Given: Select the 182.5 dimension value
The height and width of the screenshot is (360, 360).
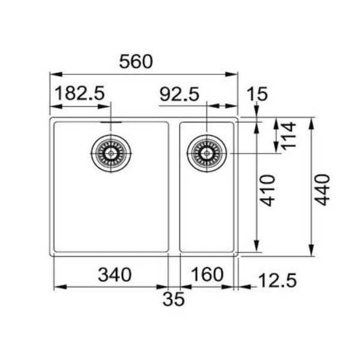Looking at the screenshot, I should [80, 94].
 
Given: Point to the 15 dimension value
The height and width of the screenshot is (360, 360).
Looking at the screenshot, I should [256, 94].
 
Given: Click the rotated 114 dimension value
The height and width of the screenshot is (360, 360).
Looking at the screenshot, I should [290, 136].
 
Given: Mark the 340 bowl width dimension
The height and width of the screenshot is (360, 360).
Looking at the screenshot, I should [114, 275].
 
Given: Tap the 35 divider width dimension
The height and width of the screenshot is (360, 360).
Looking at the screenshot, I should [173, 298].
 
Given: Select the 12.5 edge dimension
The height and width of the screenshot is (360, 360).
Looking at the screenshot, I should [277, 280].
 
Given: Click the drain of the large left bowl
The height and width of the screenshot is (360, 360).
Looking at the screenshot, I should [110, 154].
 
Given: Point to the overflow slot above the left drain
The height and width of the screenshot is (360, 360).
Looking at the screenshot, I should [110, 123].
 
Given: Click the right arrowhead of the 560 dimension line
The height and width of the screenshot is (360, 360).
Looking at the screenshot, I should [234, 74].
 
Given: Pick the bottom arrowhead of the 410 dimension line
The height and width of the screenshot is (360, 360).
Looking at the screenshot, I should [257, 247].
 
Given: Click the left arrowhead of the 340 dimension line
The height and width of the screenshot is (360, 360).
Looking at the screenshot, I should [58, 287].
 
